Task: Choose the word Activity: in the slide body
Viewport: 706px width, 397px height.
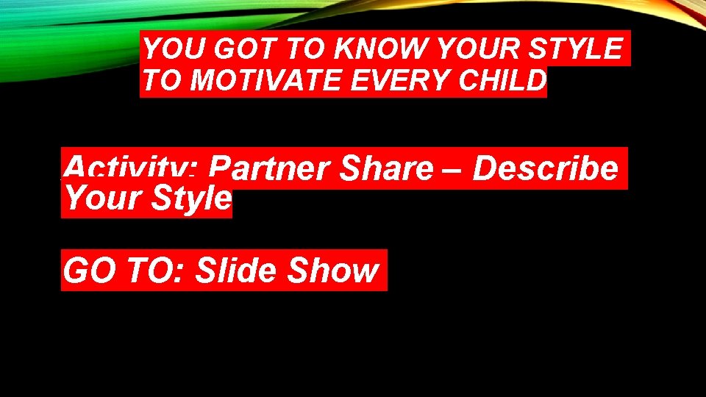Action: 130,168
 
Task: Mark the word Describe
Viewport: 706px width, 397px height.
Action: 545,168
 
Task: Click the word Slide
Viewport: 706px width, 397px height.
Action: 238,271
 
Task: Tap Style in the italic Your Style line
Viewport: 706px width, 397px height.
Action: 189,199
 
